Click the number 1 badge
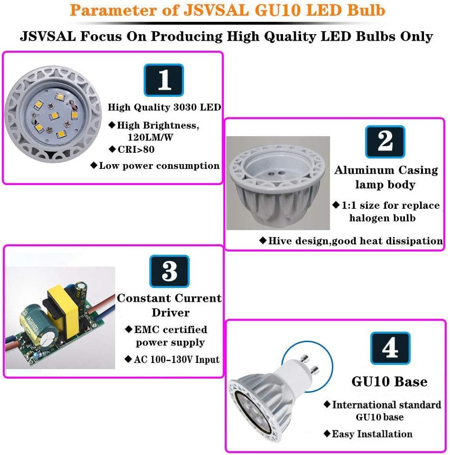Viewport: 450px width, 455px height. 164,80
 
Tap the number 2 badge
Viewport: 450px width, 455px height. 385,141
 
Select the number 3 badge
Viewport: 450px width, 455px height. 169,271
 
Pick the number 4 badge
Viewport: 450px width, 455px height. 390,349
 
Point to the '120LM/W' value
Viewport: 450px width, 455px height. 150,137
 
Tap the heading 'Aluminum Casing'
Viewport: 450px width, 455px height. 386,170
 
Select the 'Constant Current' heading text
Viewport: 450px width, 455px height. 169,298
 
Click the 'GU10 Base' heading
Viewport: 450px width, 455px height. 389,381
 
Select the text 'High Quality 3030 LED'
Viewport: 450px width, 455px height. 165,107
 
